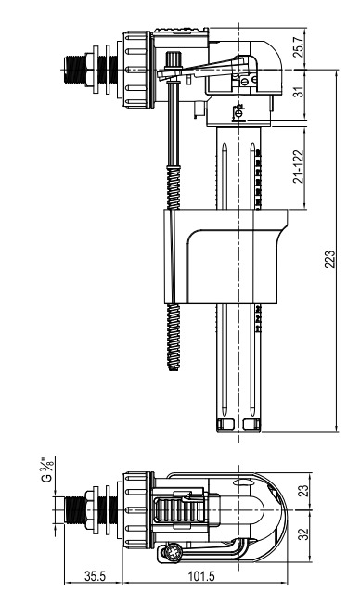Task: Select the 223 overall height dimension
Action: (x=330, y=259)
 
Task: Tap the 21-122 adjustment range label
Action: (x=299, y=166)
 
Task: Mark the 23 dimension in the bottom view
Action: (x=303, y=491)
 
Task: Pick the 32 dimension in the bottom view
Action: (x=303, y=533)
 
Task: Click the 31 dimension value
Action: (x=300, y=92)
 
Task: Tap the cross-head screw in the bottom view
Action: (x=171, y=554)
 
